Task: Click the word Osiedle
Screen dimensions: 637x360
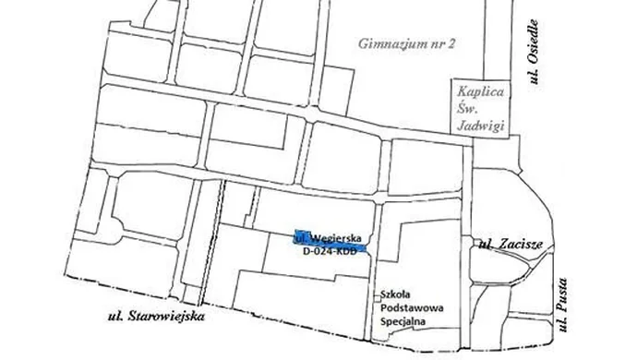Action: pos(534,42)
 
